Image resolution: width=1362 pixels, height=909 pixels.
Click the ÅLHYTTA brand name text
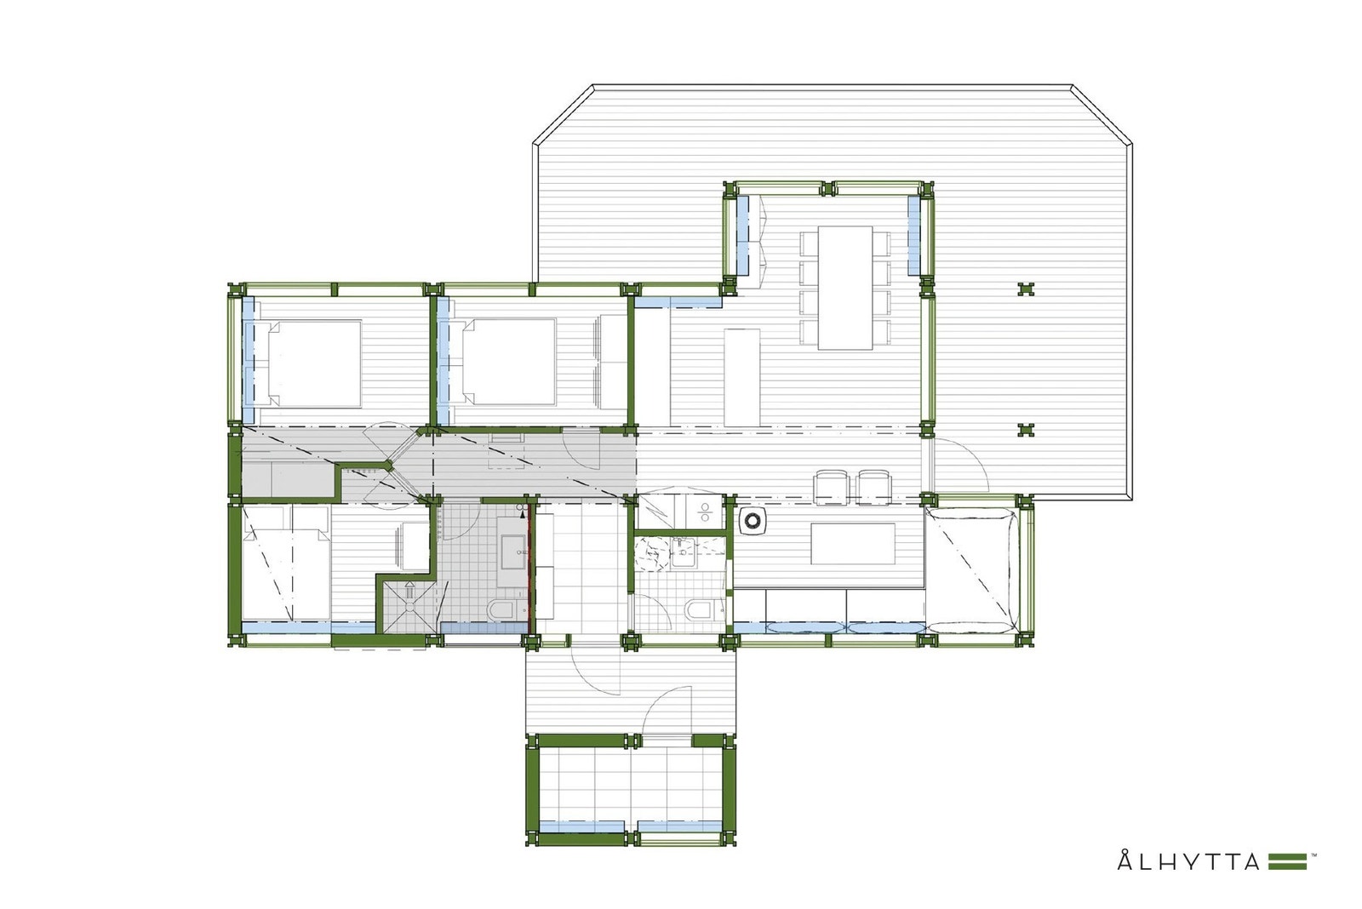[1188, 861]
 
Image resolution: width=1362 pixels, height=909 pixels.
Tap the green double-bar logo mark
[1287, 861]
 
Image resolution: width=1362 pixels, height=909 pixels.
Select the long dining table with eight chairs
[845, 287]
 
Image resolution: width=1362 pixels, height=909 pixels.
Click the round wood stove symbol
[753, 521]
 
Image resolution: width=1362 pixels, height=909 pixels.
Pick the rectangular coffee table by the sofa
[853, 543]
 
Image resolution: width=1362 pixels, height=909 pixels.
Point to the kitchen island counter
[741, 377]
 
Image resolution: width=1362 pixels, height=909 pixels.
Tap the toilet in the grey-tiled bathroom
[501, 609]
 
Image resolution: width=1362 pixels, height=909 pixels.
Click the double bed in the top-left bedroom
[314, 362]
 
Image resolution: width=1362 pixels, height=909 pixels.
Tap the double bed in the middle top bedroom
[508, 362]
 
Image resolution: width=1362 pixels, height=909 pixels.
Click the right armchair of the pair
[873, 485]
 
